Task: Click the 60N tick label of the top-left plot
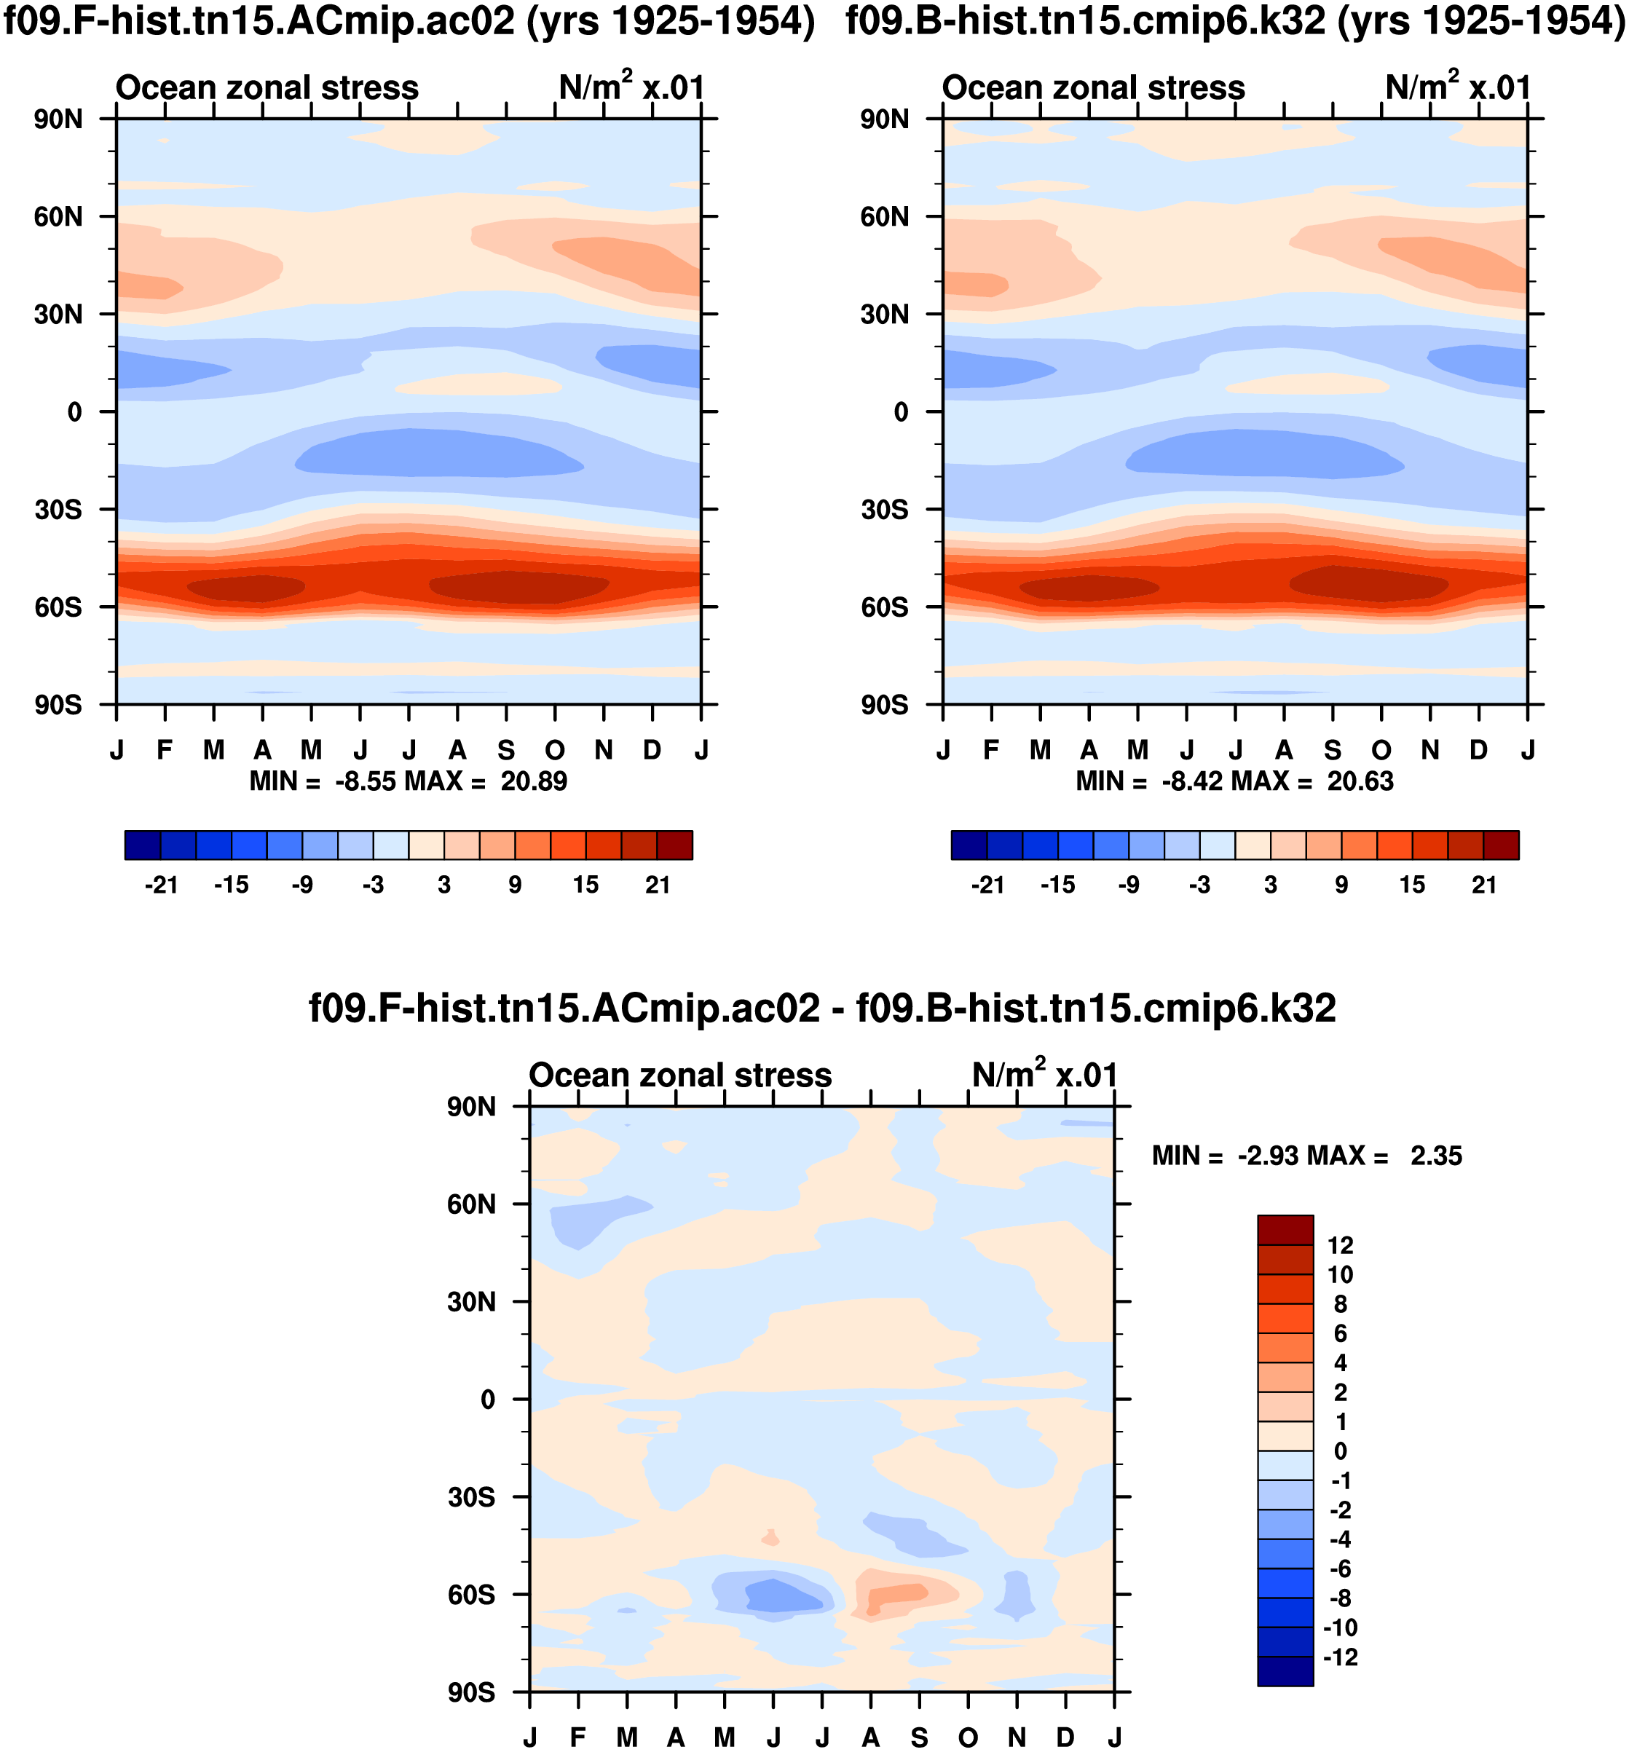tap(58, 217)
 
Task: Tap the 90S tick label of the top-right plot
tap(884, 706)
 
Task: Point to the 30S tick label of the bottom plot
tap(472, 1497)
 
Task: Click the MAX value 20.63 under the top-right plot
tap(1360, 782)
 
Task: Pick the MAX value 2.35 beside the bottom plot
tap(1436, 1156)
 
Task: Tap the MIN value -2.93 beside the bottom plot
tap(1269, 1156)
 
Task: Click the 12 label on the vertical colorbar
tap(1340, 1245)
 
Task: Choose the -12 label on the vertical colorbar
tap(1340, 1657)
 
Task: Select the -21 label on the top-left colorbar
tap(162, 885)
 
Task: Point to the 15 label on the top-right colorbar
tap(1412, 885)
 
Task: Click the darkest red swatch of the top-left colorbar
tap(674, 845)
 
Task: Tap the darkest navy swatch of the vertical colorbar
tap(1285, 1671)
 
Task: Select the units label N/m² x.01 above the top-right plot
tap(1457, 87)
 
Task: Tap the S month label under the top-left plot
tap(506, 750)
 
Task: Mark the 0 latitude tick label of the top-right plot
tap(900, 412)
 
